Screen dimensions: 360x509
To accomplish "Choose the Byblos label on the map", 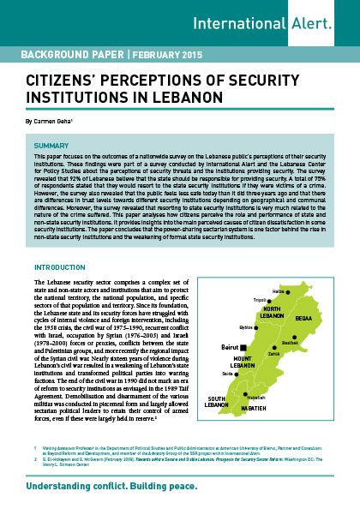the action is click(247, 326).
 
